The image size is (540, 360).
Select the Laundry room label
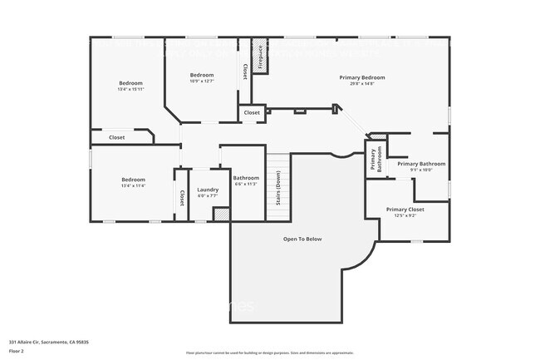(x=208, y=190)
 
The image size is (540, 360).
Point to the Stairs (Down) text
(x=278, y=194)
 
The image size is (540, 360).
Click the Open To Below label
(x=302, y=239)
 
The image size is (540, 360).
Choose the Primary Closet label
(x=405, y=210)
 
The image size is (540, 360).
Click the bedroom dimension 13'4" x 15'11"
(x=130, y=89)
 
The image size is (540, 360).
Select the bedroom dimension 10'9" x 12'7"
(x=202, y=81)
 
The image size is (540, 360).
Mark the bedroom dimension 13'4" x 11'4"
(x=133, y=186)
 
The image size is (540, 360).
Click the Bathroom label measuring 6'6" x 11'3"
(x=246, y=178)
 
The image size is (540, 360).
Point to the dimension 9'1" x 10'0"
(x=421, y=170)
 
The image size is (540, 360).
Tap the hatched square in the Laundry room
(x=221, y=214)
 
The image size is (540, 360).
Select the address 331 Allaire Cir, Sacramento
(x=49, y=342)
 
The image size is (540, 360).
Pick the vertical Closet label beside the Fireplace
(x=245, y=72)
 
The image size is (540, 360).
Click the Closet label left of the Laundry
(x=182, y=198)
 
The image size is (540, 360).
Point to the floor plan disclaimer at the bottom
(x=269, y=353)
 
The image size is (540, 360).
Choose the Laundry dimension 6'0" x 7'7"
(x=208, y=196)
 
